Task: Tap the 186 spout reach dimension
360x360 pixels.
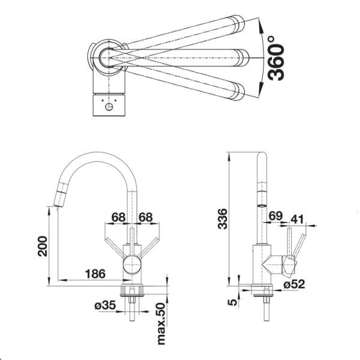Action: click(x=94, y=274)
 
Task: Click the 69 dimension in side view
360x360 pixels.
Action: click(x=275, y=216)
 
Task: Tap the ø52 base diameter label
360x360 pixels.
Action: click(x=293, y=284)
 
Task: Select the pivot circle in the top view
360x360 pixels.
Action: click(x=108, y=56)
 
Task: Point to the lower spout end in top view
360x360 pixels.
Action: click(x=239, y=90)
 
